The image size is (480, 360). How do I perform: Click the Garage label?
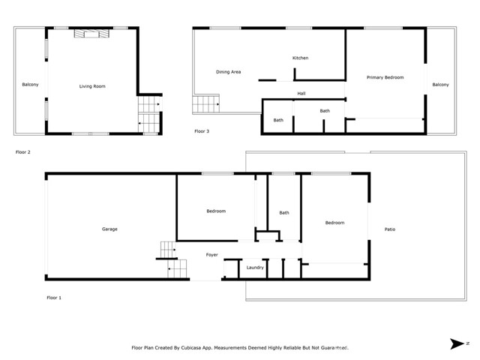tap(109, 229)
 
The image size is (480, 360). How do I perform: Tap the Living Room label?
tap(92, 86)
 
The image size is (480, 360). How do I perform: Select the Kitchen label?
tap(300, 58)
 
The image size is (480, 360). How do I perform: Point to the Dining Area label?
tap(228, 72)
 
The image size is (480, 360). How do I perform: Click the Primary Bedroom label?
tap(385, 77)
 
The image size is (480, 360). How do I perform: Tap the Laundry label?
tap(255, 267)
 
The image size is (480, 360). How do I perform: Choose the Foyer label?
tap(212, 255)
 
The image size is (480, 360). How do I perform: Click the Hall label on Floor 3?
tap(301, 94)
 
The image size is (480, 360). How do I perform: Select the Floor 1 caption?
tap(54, 298)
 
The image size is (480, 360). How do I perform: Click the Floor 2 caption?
tap(22, 151)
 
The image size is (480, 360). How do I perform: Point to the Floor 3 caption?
tap(202, 131)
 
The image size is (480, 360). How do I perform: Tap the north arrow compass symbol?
tap(457, 344)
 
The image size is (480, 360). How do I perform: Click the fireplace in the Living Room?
tap(90, 34)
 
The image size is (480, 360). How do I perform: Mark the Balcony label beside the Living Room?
tap(30, 84)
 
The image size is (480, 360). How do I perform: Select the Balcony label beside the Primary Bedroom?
tap(440, 84)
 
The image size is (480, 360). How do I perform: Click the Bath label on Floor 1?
tap(284, 213)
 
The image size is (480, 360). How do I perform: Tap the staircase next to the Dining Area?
tap(205, 104)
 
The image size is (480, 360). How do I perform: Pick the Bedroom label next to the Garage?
tap(216, 211)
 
